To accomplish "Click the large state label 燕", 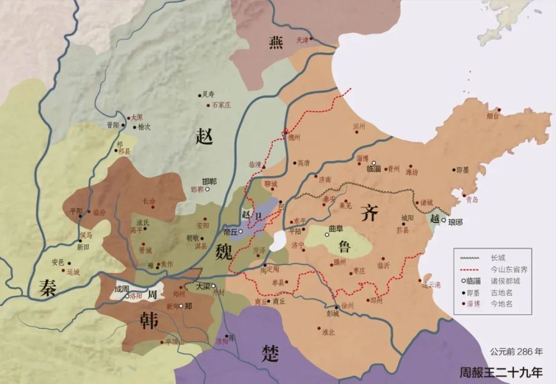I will click(276, 43).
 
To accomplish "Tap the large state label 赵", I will click(205, 136).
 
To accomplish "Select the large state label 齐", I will click(369, 213).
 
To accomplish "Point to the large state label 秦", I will click(48, 287).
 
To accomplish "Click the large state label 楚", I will click(270, 352).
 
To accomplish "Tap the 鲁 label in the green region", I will click(345, 247).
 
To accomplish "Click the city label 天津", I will click(302, 40).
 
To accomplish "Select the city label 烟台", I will click(492, 116).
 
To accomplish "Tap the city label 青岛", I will click(471, 200).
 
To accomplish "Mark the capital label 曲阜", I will click(336, 228).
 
